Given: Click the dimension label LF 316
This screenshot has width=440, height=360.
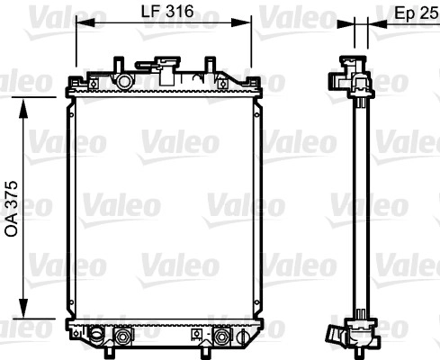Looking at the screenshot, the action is pyautogui.click(x=167, y=12).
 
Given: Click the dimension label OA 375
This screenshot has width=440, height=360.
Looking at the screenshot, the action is pyautogui.click(x=12, y=209).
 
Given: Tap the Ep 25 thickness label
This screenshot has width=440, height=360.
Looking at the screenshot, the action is pyautogui.click(x=417, y=13).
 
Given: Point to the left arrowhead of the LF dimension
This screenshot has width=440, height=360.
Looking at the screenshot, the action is pyautogui.click(x=85, y=22).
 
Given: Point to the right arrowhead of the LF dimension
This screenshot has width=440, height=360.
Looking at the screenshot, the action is pyautogui.click(x=241, y=22).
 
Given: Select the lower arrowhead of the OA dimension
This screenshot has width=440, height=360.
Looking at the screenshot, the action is pyautogui.click(x=23, y=308).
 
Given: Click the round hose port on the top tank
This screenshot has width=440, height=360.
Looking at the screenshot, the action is pyautogui.click(x=124, y=81).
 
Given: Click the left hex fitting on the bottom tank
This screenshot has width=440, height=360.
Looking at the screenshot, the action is pyautogui.click(x=122, y=337).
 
